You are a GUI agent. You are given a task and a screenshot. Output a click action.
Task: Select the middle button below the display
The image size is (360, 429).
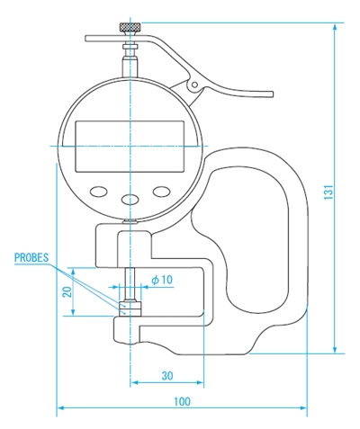coord(131,200)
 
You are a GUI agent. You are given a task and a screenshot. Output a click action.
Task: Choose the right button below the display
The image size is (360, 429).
coord(162,192)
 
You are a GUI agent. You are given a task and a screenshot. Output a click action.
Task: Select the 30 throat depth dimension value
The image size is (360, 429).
coord(166,375)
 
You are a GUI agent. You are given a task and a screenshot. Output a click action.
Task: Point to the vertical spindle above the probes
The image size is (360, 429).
coord(131,283)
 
